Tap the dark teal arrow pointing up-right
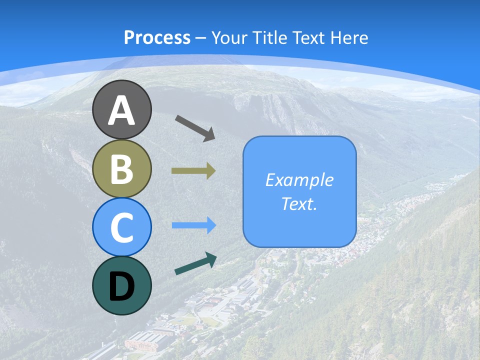click(x=195, y=264)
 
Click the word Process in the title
click(x=157, y=37)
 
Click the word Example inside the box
click(x=299, y=180)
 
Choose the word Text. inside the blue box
click(x=299, y=203)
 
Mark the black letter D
click(x=122, y=287)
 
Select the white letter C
click(x=122, y=228)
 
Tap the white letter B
click(x=122, y=169)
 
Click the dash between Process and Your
click(x=201, y=38)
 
